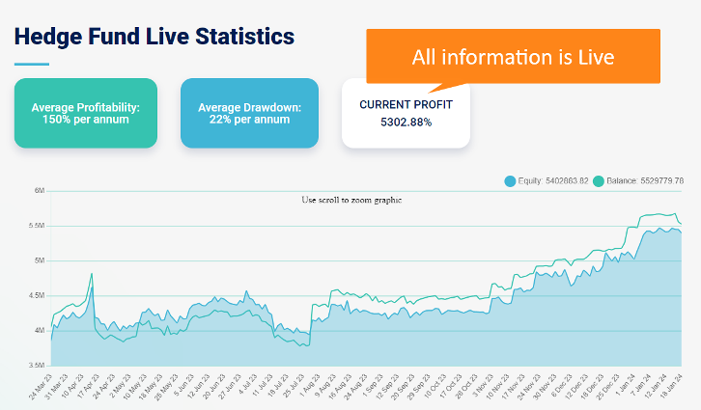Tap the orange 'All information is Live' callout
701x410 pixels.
(513, 57)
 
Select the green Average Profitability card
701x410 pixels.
(85, 113)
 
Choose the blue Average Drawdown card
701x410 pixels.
(249, 113)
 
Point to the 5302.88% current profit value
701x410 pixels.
(406, 123)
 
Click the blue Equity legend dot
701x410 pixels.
(509, 180)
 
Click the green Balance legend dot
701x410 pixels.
(599, 180)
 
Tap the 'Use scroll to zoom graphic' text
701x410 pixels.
(351, 200)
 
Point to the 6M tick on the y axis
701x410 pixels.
(40, 191)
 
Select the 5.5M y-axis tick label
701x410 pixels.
(38, 226)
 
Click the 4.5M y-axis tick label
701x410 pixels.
(38, 295)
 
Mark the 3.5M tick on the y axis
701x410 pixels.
(38, 365)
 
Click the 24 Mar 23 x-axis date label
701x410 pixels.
(41, 388)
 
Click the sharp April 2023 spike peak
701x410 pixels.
(92, 274)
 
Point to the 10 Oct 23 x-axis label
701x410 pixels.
(435, 388)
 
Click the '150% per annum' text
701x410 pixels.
(85, 120)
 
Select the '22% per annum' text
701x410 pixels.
(249, 120)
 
